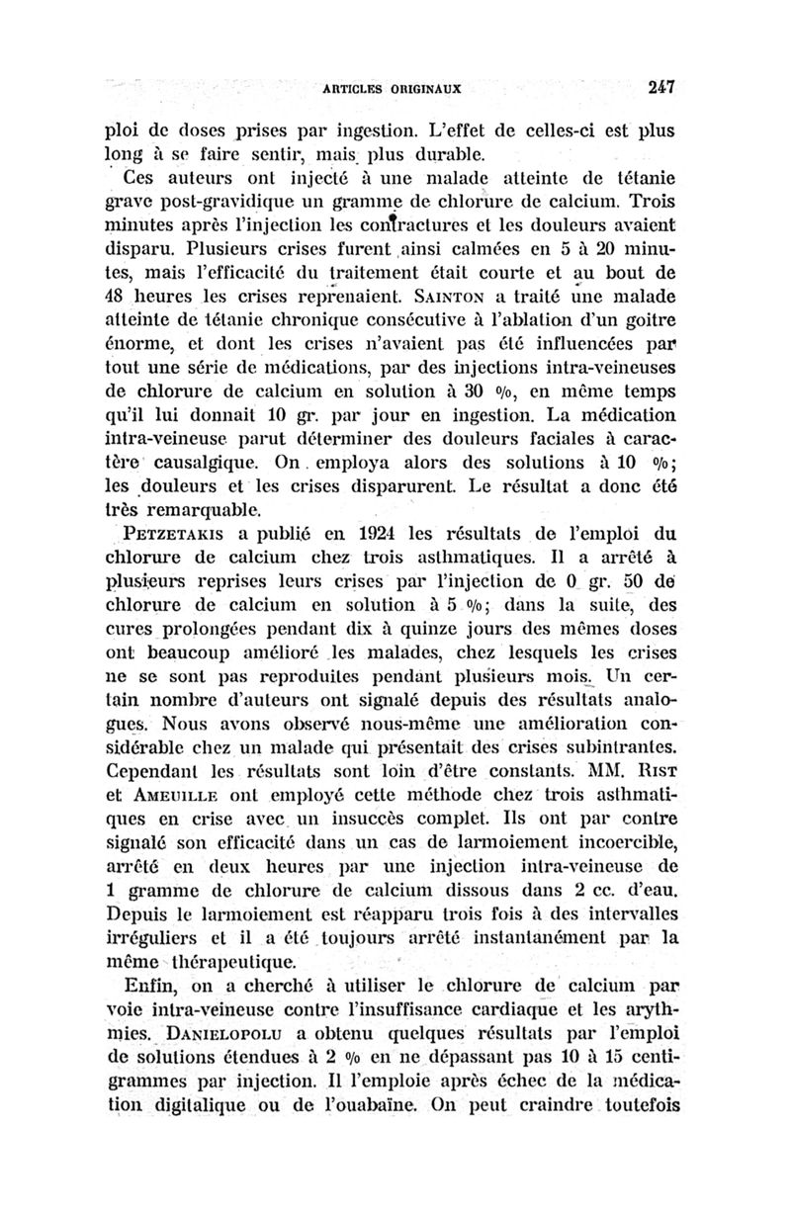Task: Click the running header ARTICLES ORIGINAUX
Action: (393, 89)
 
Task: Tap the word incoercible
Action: (610, 844)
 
